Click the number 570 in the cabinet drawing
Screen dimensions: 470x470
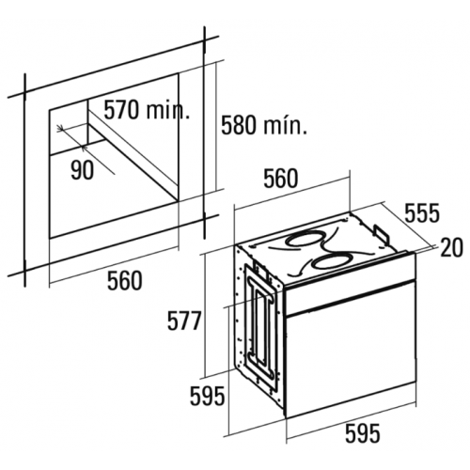(x=121, y=110)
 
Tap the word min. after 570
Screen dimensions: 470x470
(x=167, y=110)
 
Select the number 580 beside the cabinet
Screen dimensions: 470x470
(x=239, y=125)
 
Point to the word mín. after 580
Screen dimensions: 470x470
(x=285, y=125)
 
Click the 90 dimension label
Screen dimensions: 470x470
(x=82, y=171)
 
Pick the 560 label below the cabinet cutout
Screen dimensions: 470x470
(x=125, y=281)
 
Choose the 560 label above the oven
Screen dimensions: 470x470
(x=280, y=179)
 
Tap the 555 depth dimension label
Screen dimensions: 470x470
(x=422, y=213)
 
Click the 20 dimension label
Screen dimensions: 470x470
(x=451, y=247)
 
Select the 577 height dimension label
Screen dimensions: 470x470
(x=183, y=321)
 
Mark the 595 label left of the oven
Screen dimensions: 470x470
(x=208, y=396)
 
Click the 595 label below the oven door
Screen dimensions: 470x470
(x=363, y=433)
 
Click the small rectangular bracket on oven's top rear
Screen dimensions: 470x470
(x=382, y=232)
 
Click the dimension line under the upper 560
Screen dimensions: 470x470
(x=292, y=191)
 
